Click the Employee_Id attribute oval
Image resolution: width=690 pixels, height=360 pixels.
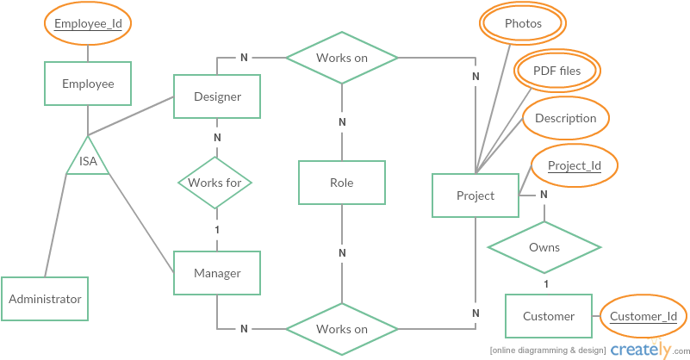[x=88, y=24]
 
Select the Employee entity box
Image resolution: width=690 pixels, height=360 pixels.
[x=88, y=84]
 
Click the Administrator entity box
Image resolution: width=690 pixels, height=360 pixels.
[x=45, y=299]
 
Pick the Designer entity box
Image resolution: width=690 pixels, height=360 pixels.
[x=217, y=96]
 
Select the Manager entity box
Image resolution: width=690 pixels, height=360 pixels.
[x=217, y=273]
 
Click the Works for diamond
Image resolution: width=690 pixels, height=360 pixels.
[x=216, y=183]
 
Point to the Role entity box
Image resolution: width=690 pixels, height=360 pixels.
[x=341, y=183]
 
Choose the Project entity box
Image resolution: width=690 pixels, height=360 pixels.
[x=476, y=196]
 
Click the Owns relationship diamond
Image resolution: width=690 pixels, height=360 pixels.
[x=544, y=247]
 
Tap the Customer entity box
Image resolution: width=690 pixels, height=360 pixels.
[x=548, y=316]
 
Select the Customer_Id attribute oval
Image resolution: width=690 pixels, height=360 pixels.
[x=643, y=316]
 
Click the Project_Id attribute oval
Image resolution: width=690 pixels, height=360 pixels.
[x=574, y=165]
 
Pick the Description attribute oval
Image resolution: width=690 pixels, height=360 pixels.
[x=565, y=118]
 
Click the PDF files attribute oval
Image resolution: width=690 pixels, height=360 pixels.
[x=557, y=71]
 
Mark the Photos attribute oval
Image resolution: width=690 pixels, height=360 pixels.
[x=523, y=23]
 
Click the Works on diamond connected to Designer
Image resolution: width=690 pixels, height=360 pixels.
[x=341, y=58]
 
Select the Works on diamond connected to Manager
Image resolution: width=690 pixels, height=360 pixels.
[x=341, y=328]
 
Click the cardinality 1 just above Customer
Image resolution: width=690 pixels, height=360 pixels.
[x=545, y=283]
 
